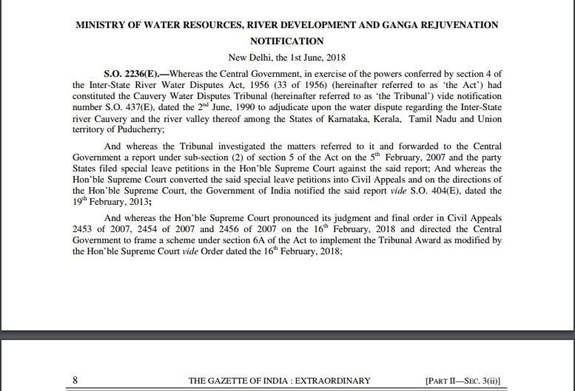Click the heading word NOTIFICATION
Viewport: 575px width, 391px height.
(287, 41)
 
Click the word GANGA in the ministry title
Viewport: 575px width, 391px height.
(399, 25)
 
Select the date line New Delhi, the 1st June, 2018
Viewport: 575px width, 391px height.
(287, 57)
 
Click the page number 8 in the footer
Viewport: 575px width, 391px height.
(75, 380)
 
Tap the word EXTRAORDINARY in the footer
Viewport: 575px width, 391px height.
(333, 381)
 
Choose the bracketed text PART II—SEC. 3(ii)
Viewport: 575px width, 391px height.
(462, 381)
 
